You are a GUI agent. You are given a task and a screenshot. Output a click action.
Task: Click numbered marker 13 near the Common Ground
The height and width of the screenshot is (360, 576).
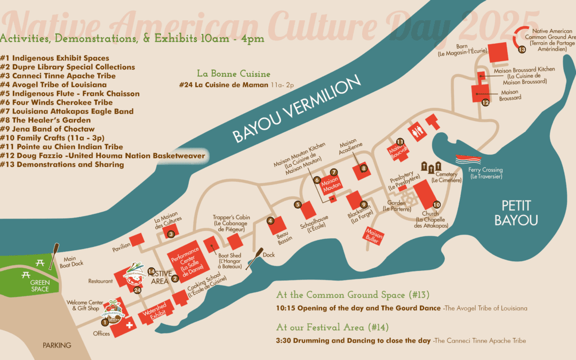click(522, 50)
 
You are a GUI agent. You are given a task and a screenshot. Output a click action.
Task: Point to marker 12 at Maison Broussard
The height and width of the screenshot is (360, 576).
click(485, 102)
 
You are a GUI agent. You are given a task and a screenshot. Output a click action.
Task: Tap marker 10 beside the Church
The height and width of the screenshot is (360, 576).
click(436, 204)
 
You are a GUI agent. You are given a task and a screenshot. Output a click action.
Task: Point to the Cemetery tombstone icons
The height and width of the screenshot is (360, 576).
click(431, 166)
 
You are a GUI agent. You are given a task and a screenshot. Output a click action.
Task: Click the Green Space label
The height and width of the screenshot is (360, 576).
click(39, 286)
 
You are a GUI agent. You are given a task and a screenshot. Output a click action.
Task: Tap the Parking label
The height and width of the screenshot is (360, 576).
click(57, 345)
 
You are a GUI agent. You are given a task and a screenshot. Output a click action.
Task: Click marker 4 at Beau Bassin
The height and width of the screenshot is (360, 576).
click(270, 221)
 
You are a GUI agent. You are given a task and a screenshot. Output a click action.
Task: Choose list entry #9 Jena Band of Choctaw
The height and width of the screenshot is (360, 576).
click(47, 129)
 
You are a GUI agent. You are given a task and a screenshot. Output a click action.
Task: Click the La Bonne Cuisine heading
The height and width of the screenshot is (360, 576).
click(234, 74)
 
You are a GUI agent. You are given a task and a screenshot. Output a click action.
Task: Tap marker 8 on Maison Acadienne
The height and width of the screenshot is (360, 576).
click(364, 169)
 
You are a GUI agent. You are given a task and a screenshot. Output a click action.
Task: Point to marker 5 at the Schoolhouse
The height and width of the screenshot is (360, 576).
click(298, 204)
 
